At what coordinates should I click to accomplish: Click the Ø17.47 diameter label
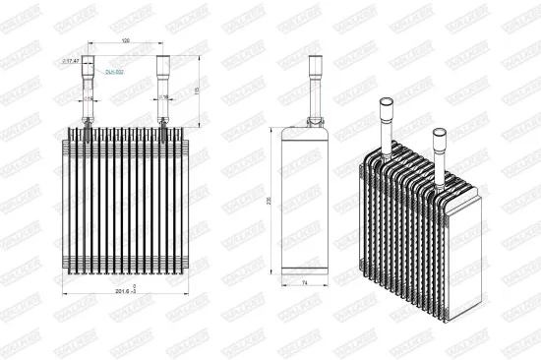[71, 62]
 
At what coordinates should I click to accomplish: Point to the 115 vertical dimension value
[198, 90]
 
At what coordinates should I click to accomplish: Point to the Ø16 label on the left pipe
[88, 99]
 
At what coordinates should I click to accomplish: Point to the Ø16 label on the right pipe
[163, 99]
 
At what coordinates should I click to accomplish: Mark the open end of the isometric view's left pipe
[387, 101]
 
